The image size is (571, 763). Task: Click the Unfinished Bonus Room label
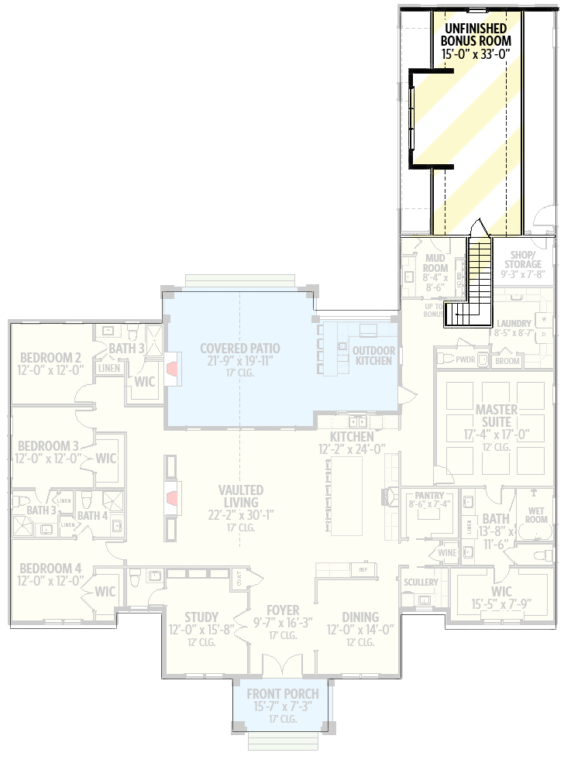[476, 34]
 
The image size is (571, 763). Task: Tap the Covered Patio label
[239, 349]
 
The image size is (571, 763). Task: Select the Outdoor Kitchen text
[373, 356]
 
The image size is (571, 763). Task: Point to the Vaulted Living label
[240, 497]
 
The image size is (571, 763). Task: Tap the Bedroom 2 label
[51, 357]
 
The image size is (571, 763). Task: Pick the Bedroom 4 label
[50, 569]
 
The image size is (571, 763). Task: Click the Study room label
[201, 617]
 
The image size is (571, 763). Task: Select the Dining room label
[359, 617]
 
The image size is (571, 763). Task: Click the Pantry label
[428, 494]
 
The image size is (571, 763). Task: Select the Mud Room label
[435, 263]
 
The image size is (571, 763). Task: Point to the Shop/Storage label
[524, 259]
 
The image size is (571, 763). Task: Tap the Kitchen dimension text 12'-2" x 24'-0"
[352, 449]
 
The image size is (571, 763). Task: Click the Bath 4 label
[92, 515]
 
